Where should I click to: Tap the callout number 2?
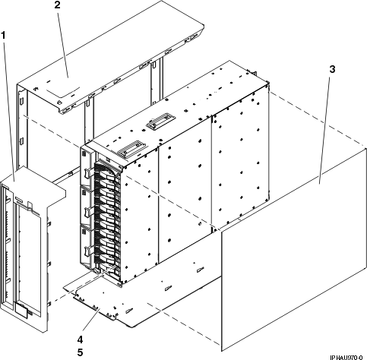(x=57, y=5)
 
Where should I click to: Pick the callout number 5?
(x=80, y=352)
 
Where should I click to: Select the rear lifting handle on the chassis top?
(x=159, y=121)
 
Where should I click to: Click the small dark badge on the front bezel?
(x=24, y=311)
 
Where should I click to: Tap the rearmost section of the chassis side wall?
(x=239, y=167)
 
